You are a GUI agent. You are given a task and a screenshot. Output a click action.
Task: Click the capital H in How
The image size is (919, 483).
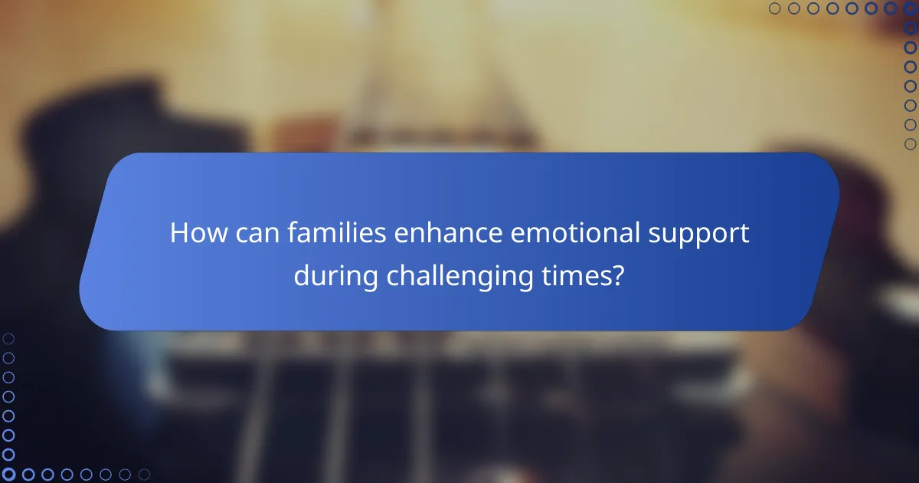tap(179, 233)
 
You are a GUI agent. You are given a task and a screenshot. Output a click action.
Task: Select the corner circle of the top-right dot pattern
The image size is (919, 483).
tap(911, 8)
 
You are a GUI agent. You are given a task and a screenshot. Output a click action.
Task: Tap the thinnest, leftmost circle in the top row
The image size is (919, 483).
tap(774, 8)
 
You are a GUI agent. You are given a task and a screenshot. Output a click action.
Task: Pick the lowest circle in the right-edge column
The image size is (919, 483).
tap(911, 144)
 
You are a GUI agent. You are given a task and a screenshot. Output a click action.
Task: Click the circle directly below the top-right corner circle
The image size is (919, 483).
tap(911, 28)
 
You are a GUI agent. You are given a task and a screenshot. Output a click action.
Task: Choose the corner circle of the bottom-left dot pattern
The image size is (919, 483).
tap(8, 475)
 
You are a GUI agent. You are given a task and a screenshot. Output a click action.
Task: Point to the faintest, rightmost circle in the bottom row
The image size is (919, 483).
tap(144, 475)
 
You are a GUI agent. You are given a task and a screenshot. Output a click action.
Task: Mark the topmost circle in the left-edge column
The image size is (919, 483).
tap(8, 338)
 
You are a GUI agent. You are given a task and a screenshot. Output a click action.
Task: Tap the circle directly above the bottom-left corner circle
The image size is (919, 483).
tap(8, 455)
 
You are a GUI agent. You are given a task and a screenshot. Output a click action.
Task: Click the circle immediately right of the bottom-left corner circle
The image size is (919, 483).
tap(28, 475)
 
